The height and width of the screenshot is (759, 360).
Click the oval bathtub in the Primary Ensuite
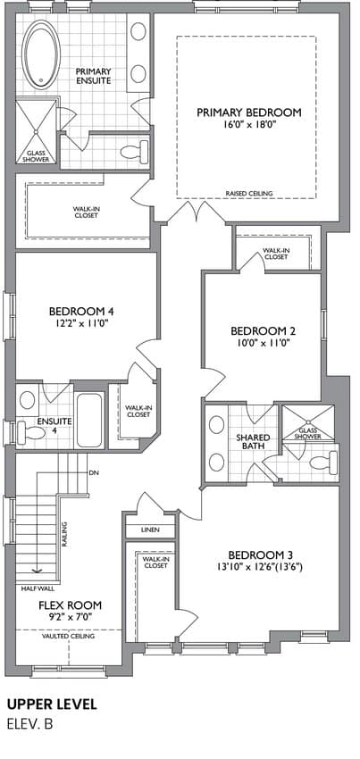[42, 54]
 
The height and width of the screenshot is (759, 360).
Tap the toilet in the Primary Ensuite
[135, 152]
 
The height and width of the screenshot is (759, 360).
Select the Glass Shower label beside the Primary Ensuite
[36, 154]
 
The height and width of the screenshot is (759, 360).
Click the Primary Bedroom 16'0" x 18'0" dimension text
[249, 125]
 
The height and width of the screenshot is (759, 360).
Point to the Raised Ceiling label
[249, 193]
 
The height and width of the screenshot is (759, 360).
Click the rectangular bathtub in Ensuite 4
[89, 419]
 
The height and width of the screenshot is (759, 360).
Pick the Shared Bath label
[253, 441]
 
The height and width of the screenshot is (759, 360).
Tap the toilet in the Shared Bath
[323, 463]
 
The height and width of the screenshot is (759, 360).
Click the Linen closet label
[150, 530]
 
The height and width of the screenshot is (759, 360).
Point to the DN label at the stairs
[94, 472]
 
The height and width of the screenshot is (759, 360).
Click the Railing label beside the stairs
[64, 534]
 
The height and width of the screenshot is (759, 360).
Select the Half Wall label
[38, 589]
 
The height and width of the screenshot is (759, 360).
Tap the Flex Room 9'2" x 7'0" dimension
[71, 617]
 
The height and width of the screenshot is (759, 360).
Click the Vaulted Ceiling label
[68, 636]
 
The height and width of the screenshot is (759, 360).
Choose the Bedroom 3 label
[261, 555]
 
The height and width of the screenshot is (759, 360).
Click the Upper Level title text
[52, 705]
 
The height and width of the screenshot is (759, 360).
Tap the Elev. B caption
[29, 724]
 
